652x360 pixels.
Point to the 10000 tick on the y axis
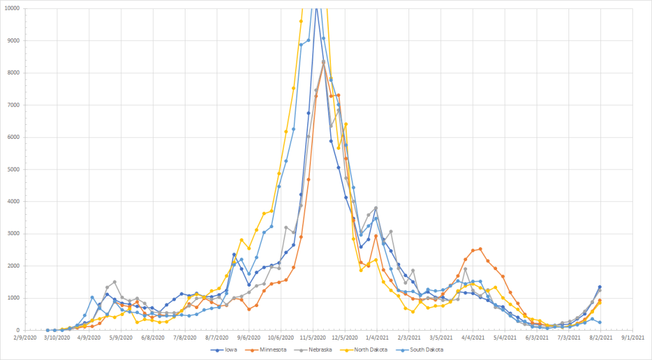point(28,8)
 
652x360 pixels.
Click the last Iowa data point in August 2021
point(600,287)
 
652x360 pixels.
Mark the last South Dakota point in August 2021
point(600,322)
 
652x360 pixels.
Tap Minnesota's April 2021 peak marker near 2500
point(480,249)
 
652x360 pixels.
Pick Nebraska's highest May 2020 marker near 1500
point(115,282)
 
